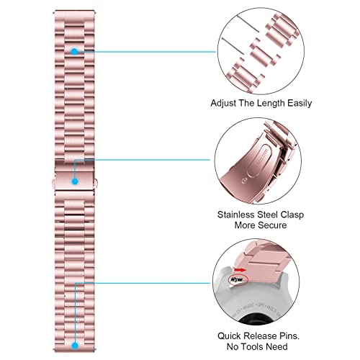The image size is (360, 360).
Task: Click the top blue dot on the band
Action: [74, 51]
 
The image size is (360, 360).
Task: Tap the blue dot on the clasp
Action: [75, 181]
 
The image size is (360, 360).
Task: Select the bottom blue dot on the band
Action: [75, 346]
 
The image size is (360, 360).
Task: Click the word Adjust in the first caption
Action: [222, 104]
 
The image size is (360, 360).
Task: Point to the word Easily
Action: [300, 104]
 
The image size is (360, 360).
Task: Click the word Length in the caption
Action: [271, 104]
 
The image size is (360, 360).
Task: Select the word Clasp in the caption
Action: [292, 215]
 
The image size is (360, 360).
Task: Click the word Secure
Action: [273, 225]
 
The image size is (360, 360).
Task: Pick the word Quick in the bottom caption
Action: [229, 336]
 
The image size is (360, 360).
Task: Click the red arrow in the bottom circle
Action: [240, 270]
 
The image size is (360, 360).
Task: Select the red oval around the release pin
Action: [238, 280]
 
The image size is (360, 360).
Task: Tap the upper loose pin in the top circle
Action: [248, 24]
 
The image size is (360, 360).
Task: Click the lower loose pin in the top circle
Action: [233, 46]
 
